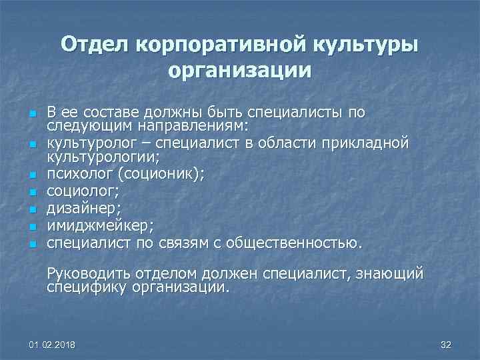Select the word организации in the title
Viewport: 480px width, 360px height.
[240, 69]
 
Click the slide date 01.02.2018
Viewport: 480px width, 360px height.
[53, 344]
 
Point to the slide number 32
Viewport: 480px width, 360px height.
[446, 344]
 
